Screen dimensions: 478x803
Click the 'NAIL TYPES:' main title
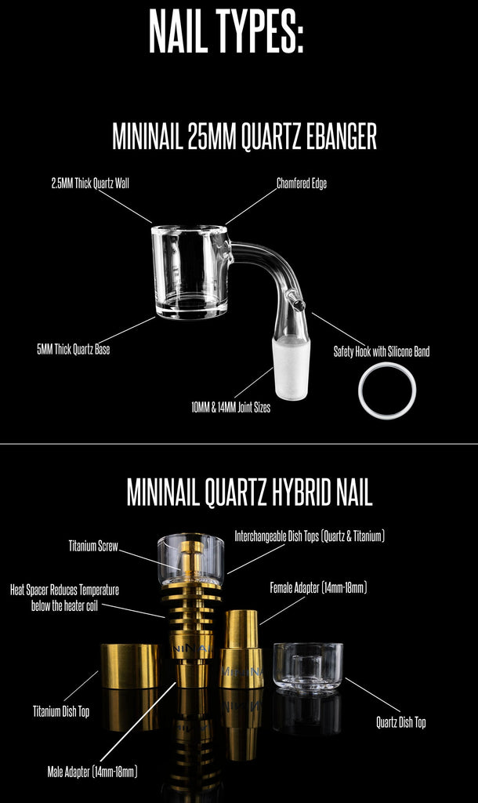coord(226,31)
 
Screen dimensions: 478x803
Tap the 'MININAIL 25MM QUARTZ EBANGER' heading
coord(244,136)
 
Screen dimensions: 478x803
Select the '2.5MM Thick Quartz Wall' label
coord(90,183)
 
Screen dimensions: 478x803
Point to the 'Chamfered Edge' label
coord(302,183)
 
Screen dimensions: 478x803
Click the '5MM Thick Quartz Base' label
coord(73,351)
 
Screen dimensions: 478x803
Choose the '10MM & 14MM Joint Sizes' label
coord(231,408)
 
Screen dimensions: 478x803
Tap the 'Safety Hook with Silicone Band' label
coord(382,351)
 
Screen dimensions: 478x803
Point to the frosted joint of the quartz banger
coord(290,368)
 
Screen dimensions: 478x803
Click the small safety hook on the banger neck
coord(296,303)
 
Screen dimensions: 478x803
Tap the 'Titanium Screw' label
coord(93,546)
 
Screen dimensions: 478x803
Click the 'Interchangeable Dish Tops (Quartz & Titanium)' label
coord(310,536)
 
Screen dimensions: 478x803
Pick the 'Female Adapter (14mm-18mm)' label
coord(318,587)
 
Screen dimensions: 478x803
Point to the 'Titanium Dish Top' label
coord(61,711)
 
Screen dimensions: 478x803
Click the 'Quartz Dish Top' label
coord(400,722)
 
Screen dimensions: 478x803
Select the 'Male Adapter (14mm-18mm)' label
coord(92,772)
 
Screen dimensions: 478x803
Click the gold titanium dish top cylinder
coord(129,667)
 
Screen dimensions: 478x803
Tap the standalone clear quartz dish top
coord(308,667)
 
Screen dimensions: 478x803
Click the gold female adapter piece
coord(241,649)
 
